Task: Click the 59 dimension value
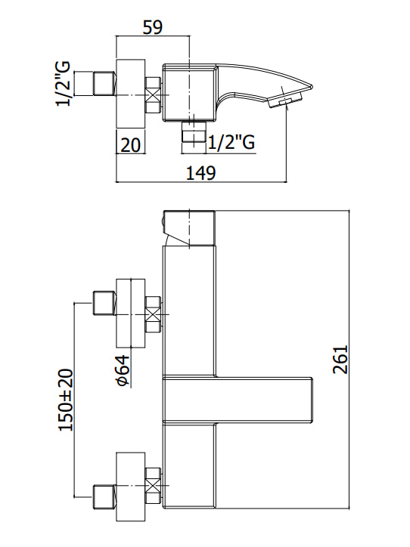pos(153,27)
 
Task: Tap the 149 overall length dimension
pos(201,173)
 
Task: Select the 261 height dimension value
pos(340,360)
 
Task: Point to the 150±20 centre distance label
pos(66,400)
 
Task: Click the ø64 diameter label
pos(123,371)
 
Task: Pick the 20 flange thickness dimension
pos(130,144)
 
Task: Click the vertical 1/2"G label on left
pos(64,83)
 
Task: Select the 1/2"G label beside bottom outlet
pos(231,142)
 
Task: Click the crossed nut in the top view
pos(153,95)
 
